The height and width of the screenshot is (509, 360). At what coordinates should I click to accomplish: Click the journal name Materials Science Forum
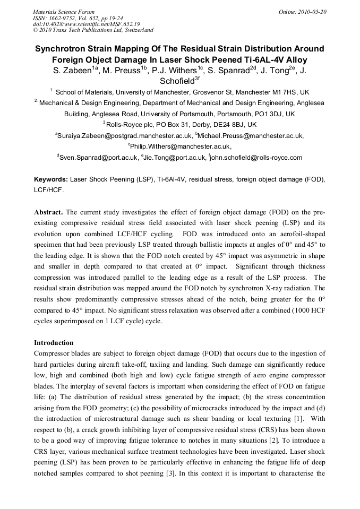click(x=64, y=12)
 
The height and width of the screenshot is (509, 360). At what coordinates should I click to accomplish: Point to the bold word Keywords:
click(x=50, y=180)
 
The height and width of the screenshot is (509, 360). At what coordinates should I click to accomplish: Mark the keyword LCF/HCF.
click(x=49, y=189)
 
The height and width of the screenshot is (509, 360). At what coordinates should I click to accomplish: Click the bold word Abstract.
click(x=49, y=212)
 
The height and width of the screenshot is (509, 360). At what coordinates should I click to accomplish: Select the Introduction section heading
click(x=54, y=343)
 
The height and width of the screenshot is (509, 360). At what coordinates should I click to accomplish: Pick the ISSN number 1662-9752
click(x=66, y=18)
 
